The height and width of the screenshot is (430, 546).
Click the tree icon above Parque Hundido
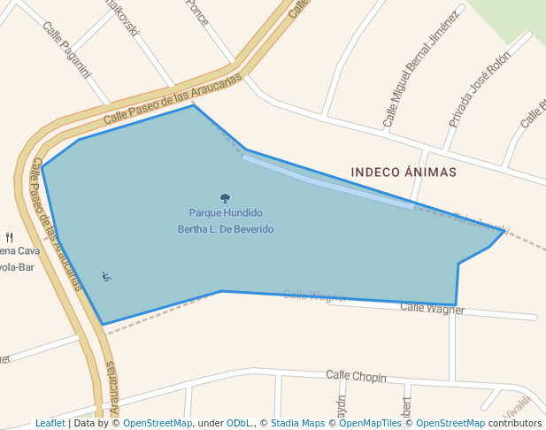pyautogui.click(x=225, y=199)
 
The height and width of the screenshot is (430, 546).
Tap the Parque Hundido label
pyautogui.click(x=226, y=213)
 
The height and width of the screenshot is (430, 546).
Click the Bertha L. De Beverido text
pyautogui.click(x=226, y=229)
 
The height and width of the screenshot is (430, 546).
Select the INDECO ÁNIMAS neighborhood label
pyautogui.click(x=404, y=173)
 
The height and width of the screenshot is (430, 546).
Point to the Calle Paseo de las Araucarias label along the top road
pyautogui.click(x=173, y=98)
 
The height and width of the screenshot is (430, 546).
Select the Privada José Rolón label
pyautogui.click(x=479, y=88)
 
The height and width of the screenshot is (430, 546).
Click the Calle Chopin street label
pyautogui.click(x=356, y=377)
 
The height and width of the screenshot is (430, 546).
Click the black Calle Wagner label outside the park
pyautogui.click(x=432, y=308)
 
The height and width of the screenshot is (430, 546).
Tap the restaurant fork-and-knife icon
pyautogui.click(x=10, y=237)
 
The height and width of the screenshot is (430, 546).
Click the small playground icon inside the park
pyautogui.click(x=106, y=277)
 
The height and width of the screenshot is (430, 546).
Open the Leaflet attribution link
pyautogui.click(x=50, y=424)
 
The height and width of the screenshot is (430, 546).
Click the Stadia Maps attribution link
pyautogui.click(x=297, y=424)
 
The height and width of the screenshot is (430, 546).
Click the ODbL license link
pyautogui.click(x=238, y=424)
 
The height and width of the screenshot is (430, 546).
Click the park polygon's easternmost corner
pyautogui.click(x=504, y=231)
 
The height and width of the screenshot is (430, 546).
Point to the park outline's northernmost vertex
pyautogui.click(x=194, y=106)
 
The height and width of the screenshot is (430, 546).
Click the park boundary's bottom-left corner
pyautogui.click(x=103, y=325)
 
